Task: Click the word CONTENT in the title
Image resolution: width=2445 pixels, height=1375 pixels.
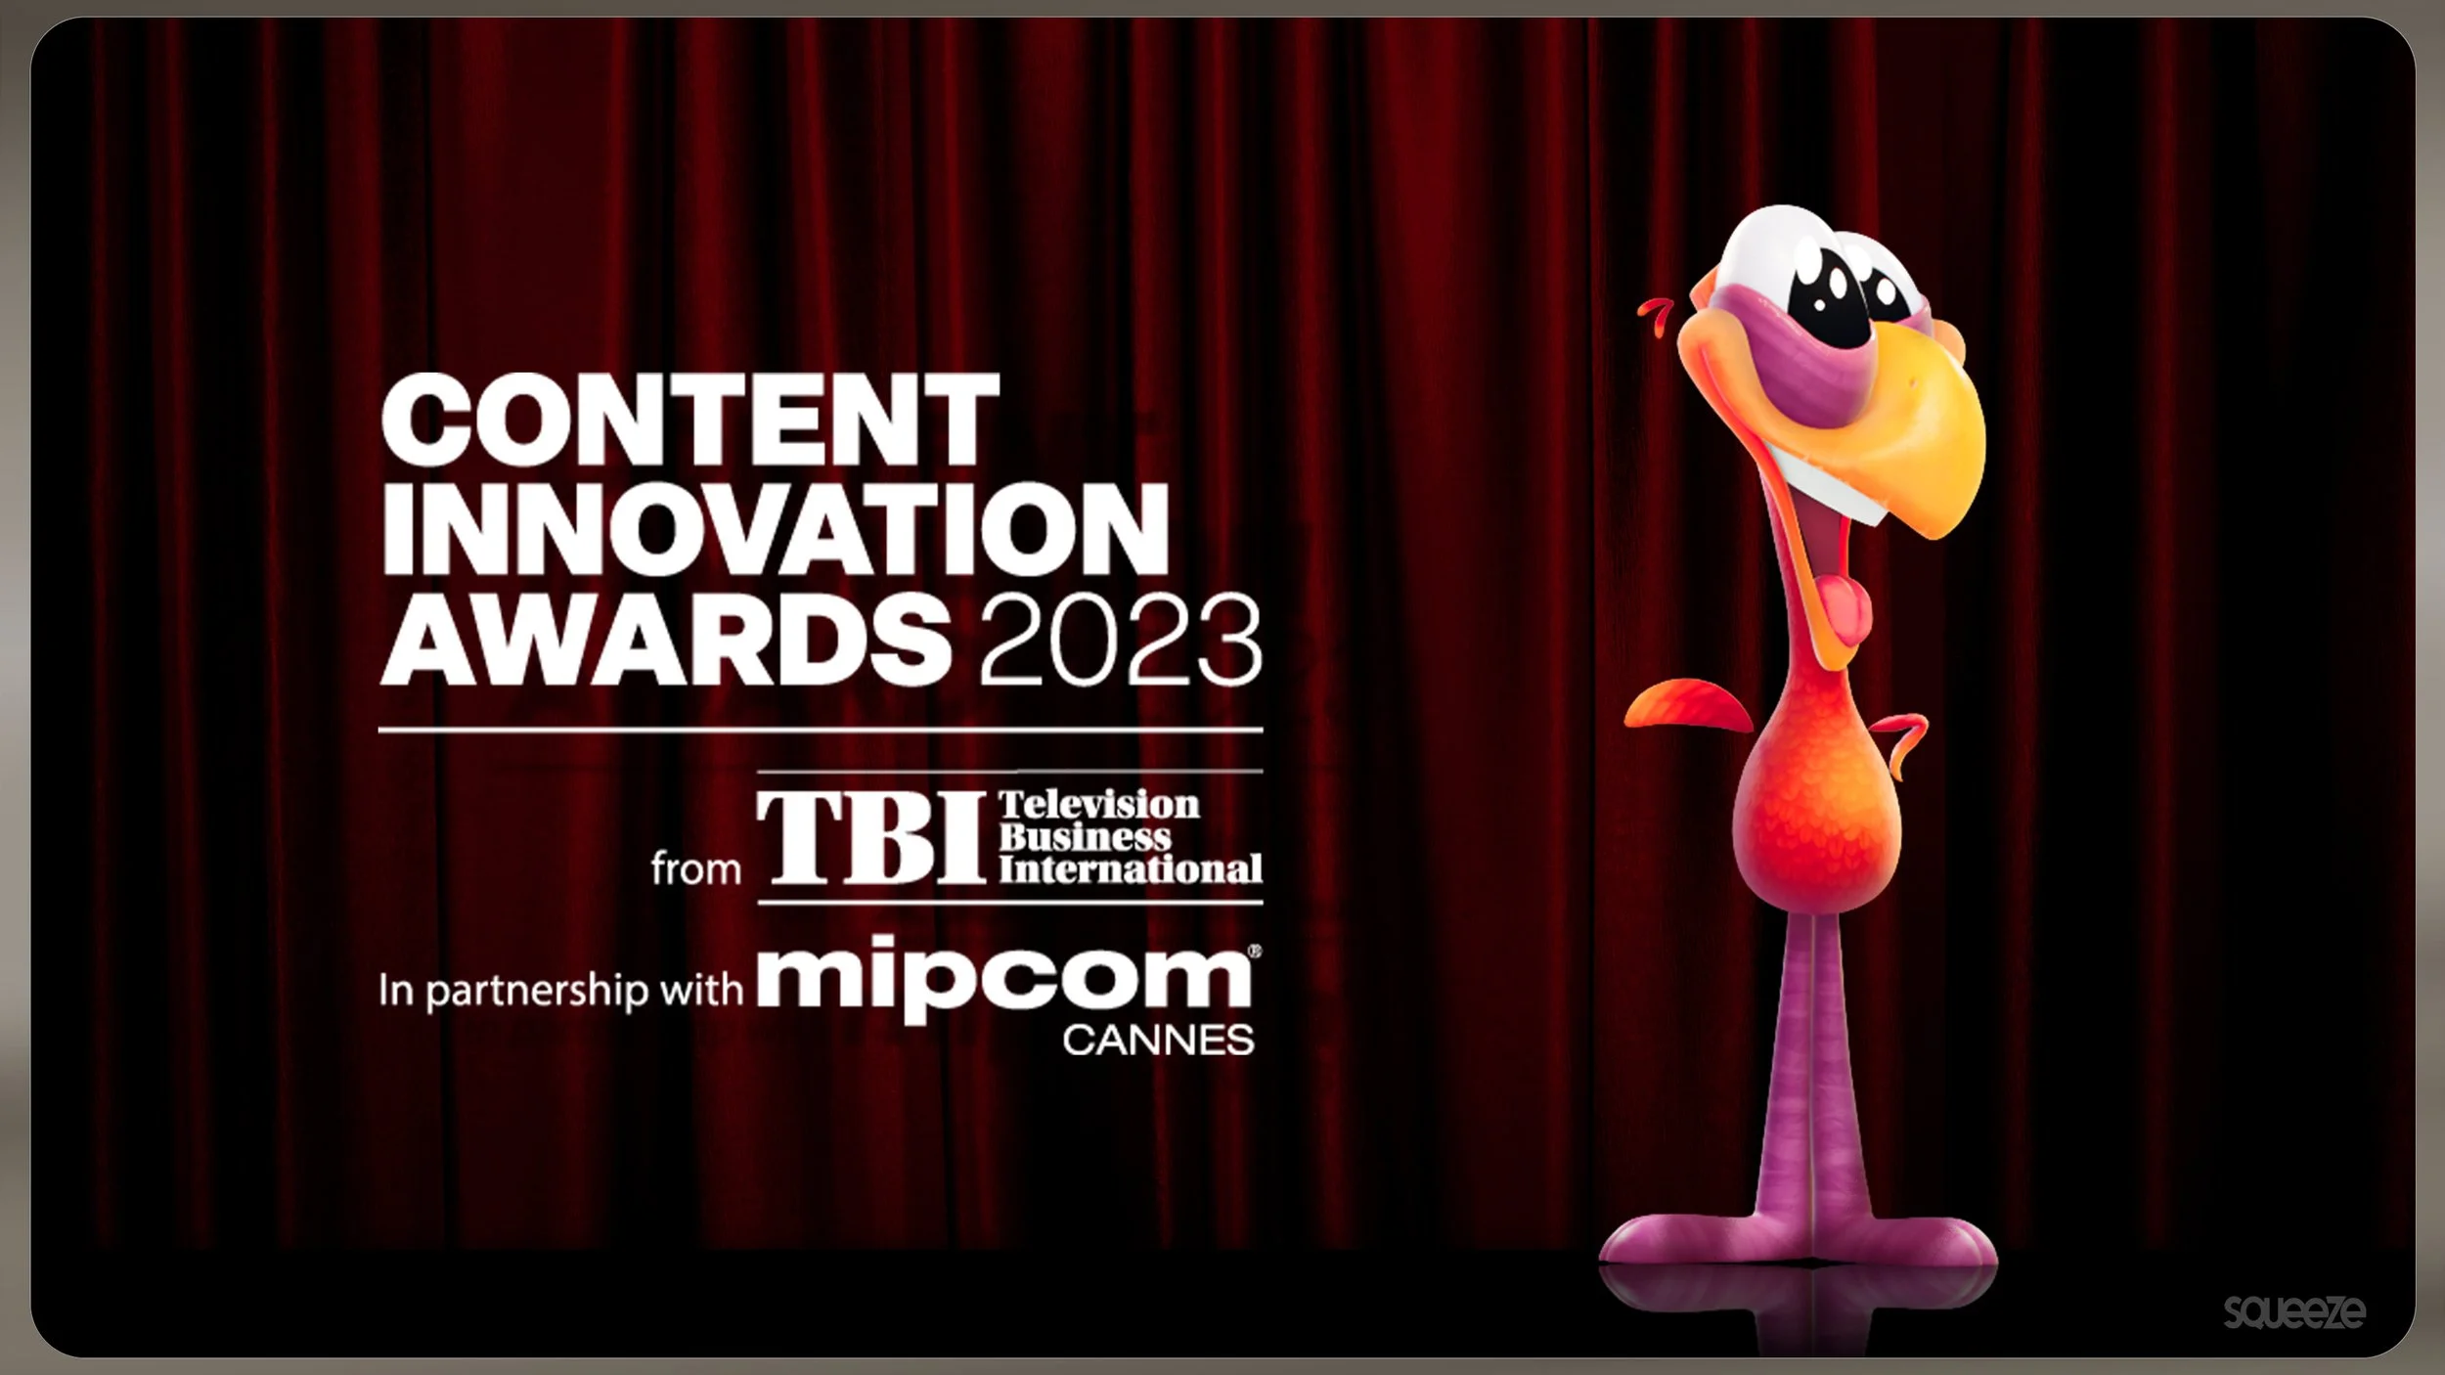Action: [690, 421]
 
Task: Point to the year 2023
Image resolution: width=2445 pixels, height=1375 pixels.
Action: [1121, 642]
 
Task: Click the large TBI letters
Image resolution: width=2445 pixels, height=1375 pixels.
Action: [870, 837]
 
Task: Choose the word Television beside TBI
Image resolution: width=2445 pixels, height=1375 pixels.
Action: [1098, 805]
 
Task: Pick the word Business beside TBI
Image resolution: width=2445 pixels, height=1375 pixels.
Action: [1084, 837]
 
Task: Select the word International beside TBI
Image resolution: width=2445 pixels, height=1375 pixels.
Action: [1130, 869]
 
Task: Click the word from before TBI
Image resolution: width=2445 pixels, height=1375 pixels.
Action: [695, 868]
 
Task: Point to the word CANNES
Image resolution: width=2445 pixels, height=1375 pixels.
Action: [1158, 1041]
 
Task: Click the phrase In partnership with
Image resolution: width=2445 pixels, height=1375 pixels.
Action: [560, 991]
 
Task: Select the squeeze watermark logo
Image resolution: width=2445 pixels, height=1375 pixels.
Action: [2294, 1310]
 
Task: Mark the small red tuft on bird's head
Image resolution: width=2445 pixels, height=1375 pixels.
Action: [1655, 315]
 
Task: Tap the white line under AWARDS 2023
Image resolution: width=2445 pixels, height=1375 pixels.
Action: [820, 730]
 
